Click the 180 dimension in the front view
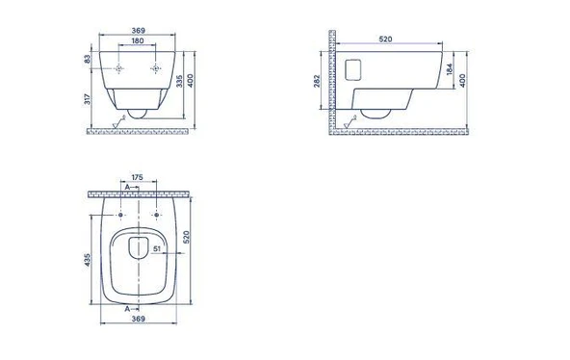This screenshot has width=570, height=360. point(138,41)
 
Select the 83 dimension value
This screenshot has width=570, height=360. point(88,59)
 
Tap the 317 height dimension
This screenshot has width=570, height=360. point(88,99)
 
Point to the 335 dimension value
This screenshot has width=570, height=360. point(179,81)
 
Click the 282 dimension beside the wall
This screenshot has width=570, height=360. point(317,81)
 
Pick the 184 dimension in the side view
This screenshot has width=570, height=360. point(450,69)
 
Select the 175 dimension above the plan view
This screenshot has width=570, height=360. point(137,177)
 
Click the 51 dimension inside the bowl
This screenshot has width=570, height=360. point(157,249)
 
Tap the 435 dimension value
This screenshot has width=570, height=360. point(88,260)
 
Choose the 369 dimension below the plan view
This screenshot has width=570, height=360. point(138,319)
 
